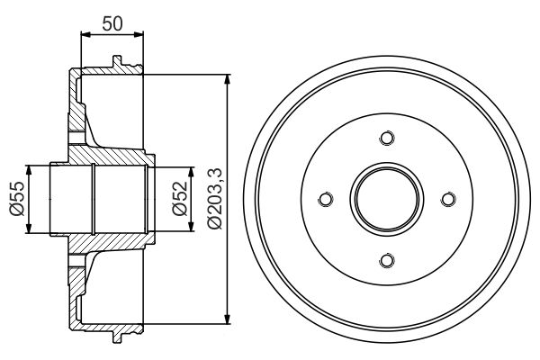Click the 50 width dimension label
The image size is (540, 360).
coord(112,22)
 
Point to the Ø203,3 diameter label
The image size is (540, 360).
coord(213,198)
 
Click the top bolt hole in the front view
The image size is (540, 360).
coord(387,138)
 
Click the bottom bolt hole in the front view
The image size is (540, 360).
coord(387,260)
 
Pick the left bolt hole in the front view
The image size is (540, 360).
coord(326,199)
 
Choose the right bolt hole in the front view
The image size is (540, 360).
coord(448,199)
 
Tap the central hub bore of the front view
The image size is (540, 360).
coord(387,199)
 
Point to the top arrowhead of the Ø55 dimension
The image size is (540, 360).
coord(32,170)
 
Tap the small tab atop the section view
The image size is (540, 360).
coord(116,63)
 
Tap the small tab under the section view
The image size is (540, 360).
coord(116,336)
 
